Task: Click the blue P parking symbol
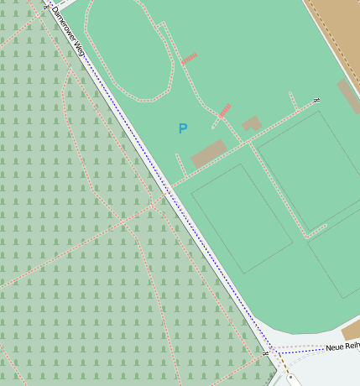click(183, 128)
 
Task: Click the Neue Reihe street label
click(342, 347)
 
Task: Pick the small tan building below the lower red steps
click(252, 123)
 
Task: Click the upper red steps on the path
click(190, 58)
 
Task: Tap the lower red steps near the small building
click(224, 111)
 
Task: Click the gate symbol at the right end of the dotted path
click(316, 101)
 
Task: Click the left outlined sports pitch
click(242, 218)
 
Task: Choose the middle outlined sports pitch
click(306, 172)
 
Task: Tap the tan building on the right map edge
click(349, 97)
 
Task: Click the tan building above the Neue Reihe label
click(352, 329)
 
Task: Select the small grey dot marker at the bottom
click(290, 378)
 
